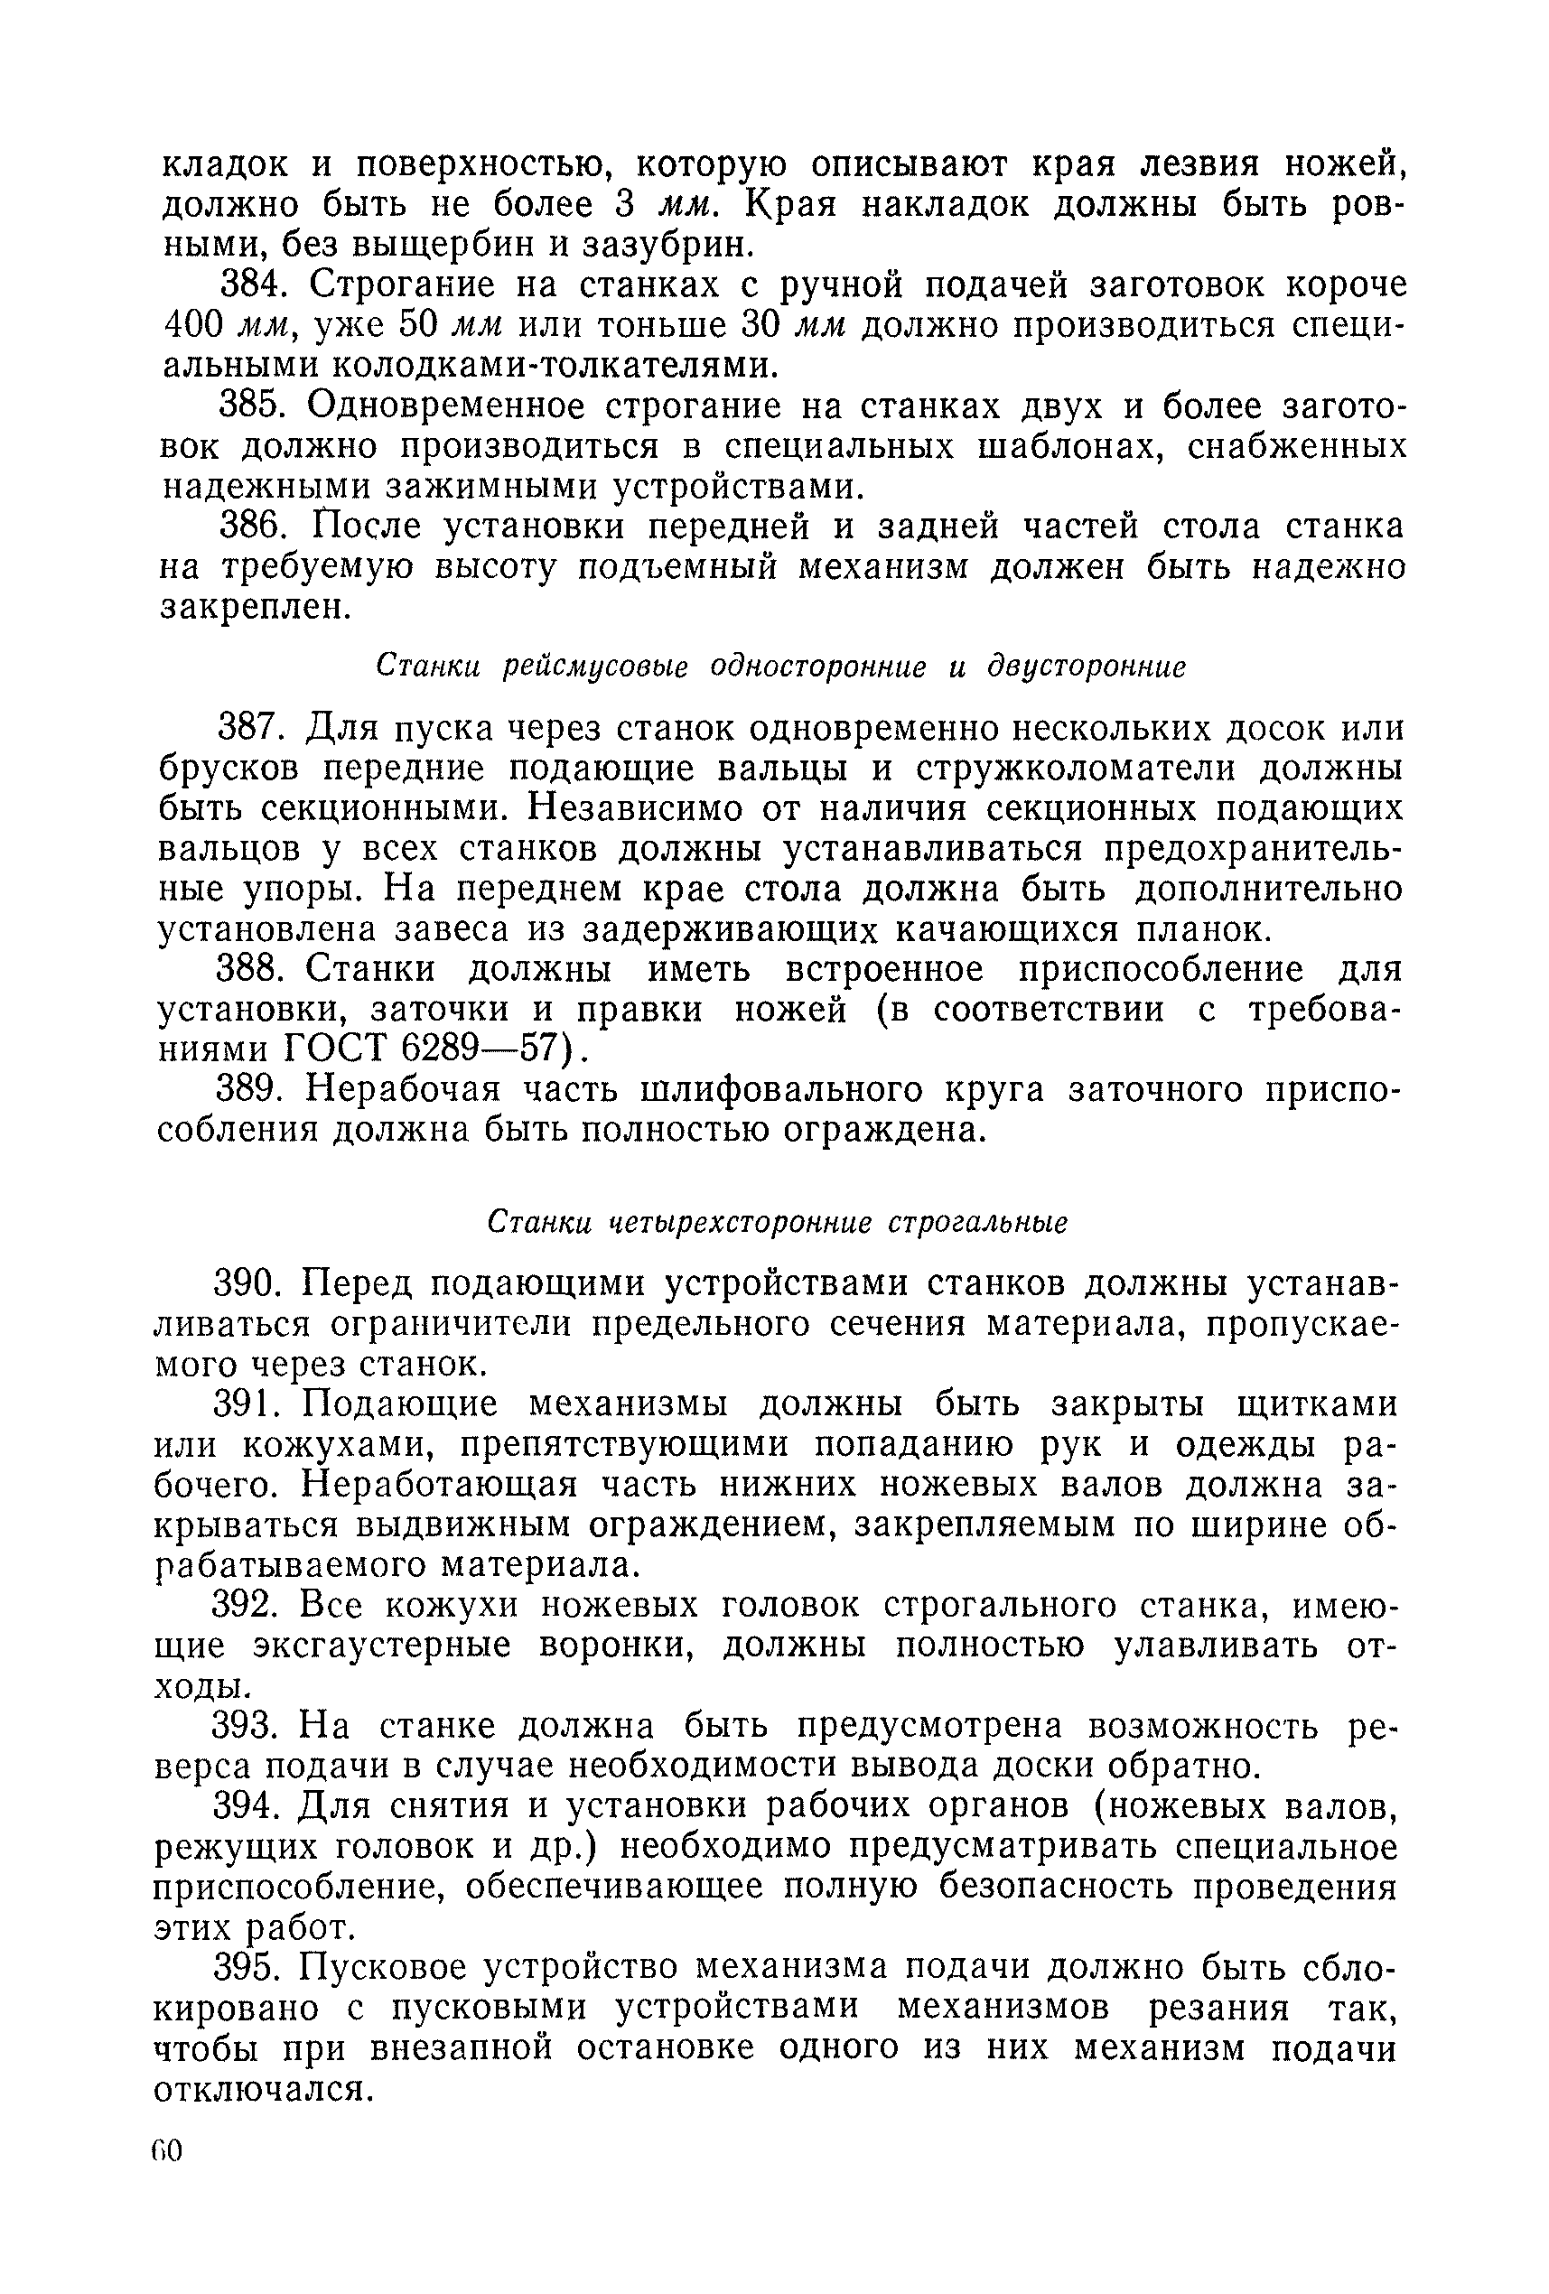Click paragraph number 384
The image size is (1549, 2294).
251,285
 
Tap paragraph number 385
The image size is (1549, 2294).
251,406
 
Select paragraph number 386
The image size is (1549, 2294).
251,527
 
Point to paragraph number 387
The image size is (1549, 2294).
251,729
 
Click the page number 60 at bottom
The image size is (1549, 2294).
168,2151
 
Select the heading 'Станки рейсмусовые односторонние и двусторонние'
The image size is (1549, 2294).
780,667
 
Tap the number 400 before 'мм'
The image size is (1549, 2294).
193,326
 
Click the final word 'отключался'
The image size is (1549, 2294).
263,2089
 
